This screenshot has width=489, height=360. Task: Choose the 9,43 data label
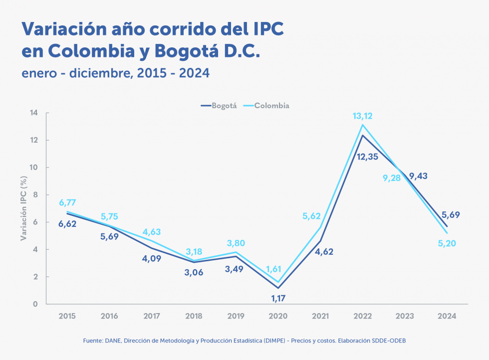click(418, 176)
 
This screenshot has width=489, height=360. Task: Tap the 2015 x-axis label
click(67, 316)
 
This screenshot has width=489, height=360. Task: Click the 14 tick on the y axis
click(34, 113)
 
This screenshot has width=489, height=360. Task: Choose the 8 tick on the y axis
click(35, 195)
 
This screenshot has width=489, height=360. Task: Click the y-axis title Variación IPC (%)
click(23, 208)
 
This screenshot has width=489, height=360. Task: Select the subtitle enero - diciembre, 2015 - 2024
click(115, 73)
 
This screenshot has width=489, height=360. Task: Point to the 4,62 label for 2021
click(323, 252)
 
